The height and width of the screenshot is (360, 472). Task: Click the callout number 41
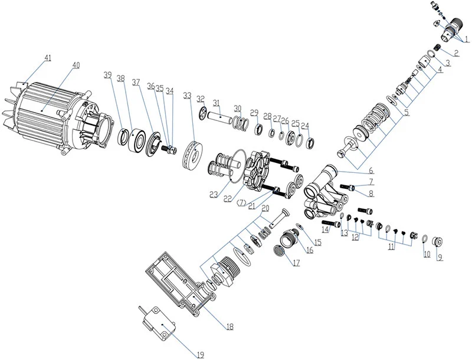click(x=48, y=58)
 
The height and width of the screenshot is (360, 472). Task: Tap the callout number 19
click(x=201, y=355)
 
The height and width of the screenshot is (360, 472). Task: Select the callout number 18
click(x=230, y=326)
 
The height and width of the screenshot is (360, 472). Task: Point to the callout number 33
click(x=187, y=96)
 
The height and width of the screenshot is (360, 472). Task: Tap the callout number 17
click(x=297, y=263)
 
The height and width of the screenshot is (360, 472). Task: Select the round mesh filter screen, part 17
click(x=279, y=250)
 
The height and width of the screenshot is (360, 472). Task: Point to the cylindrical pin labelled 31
click(x=221, y=116)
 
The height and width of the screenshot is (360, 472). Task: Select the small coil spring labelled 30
click(x=241, y=123)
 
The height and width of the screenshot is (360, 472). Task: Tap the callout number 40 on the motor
click(x=77, y=66)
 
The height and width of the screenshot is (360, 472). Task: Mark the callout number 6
click(x=371, y=171)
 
